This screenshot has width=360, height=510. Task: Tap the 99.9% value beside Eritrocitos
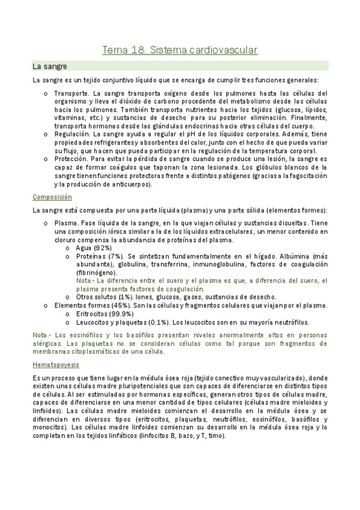coord(121,313)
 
